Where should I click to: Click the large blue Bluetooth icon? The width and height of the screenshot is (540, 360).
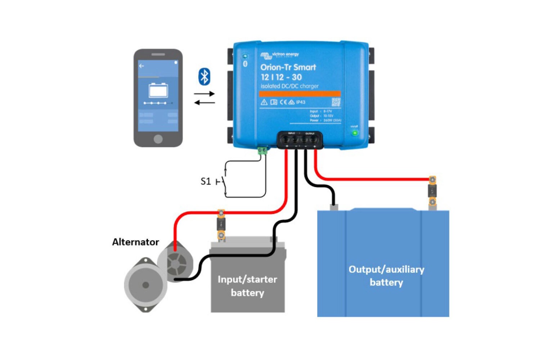[x=204, y=77]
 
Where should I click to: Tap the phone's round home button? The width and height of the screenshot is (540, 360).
[x=158, y=139]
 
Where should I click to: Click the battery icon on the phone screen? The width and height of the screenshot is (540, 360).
[x=158, y=90]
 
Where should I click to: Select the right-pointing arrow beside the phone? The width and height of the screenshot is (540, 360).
[x=204, y=94]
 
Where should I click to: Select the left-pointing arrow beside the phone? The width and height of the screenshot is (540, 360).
[x=204, y=103]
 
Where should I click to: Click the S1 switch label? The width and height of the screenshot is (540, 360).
[x=206, y=181]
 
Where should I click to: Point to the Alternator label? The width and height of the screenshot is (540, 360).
[x=135, y=242]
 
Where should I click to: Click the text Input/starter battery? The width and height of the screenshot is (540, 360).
[x=247, y=286]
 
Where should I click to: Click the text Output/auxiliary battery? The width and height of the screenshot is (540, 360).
[x=386, y=276]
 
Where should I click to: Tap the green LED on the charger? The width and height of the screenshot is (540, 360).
[x=355, y=133]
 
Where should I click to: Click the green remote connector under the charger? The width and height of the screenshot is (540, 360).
[x=262, y=150]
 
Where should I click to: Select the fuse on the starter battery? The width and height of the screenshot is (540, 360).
[x=221, y=225]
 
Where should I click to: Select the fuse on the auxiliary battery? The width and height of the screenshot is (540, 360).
[x=432, y=191]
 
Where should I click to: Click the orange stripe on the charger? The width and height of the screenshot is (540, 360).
[x=300, y=94]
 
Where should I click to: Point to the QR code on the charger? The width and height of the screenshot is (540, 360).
[x=336, y=102]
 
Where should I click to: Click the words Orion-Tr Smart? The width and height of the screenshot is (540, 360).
[x=288, y=67]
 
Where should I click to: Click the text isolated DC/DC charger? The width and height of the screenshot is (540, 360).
[x=289, y=86]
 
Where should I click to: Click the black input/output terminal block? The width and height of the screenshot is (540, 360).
[x=300, y=140]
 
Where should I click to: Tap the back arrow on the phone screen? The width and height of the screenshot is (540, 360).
[x=141, y=66]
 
